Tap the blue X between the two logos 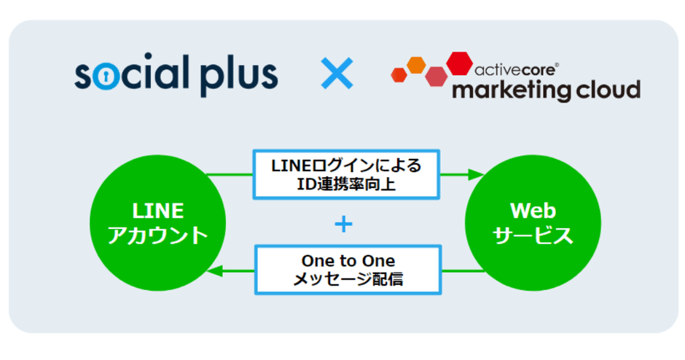tap(337, 74)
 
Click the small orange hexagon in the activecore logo tap(416, 65)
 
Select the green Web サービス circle tap(533, 224)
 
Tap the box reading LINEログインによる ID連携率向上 tap(346, 175)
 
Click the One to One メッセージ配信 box tap(348, 270)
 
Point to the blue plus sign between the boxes tap(342, 224)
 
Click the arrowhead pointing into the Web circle tap(476, 175)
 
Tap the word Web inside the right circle tap(533, 211)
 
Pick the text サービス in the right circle tap(533, 236)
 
